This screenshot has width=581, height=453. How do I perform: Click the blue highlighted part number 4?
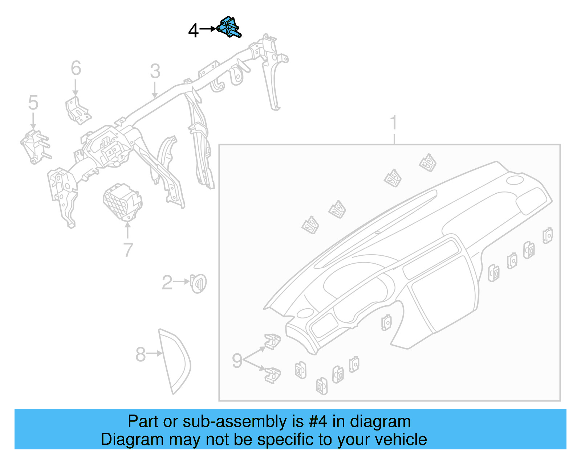tap(229, 27)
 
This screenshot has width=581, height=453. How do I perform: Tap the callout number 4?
tap(193, 30)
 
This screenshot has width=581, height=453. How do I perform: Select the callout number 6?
tap(76, 68)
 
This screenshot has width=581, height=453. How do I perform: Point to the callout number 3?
tap(155, 71)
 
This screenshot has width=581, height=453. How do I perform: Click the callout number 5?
tap(33, 103)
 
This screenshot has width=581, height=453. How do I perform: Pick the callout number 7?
tap(128, 250)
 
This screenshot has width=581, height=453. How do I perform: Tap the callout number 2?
tap(167, 283)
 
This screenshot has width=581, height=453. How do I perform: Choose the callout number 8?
tap(140, 354)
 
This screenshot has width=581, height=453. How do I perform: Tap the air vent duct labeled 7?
tap(122, 202)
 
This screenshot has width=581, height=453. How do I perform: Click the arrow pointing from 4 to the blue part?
tap(208, 29)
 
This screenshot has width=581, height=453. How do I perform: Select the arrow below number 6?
tap(76, 87)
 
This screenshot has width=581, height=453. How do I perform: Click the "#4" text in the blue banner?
tap(318, 422)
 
